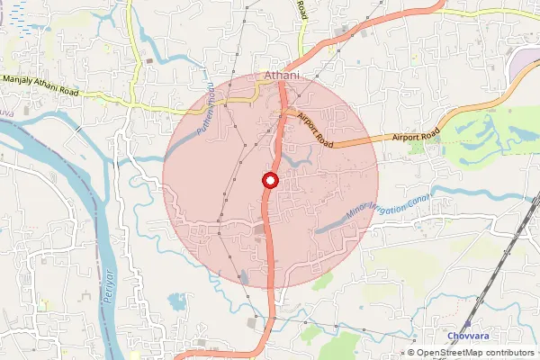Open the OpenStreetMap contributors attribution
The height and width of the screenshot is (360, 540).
[x=476, y=353]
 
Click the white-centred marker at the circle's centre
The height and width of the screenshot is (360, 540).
[x=269, y=181]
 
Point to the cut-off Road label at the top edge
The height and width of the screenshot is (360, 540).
[x=301, y=9]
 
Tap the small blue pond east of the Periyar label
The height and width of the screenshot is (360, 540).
[x=176, y=300]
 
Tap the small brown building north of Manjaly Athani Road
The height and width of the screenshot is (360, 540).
[x=148, y=61]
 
